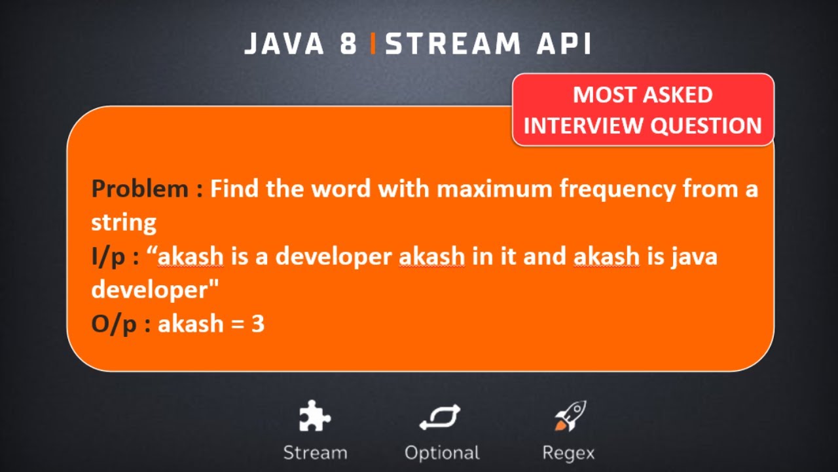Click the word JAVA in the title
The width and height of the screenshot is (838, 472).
click(x=285, y=44)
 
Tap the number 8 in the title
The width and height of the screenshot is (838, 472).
click(x=348, y=44)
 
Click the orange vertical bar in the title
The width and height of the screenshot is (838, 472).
click(x=373, y=44)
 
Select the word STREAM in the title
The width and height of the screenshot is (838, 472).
click(x=453, y=44)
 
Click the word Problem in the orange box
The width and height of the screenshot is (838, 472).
click(x=139, y=189)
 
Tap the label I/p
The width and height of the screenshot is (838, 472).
click(x=109, y=256)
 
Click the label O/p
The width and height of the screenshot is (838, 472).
click(x=113, y=324)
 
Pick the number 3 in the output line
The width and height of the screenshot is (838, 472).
click(x=258, y=324)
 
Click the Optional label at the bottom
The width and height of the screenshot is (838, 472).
click(x=442, y=453)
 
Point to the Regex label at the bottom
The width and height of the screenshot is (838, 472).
click(x=568, y=453)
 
